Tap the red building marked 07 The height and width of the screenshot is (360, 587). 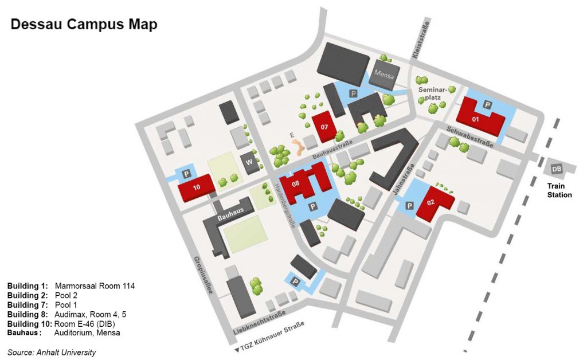click(324, 126)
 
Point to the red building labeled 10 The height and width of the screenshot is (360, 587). click(196, 188)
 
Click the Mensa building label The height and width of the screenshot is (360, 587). click(382, 74)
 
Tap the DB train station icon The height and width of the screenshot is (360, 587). click(556, 169)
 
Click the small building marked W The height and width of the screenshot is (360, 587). click(249, 162)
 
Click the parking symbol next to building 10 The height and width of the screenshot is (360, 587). click(186, 173)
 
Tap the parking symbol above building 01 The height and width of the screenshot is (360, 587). click(487, 104)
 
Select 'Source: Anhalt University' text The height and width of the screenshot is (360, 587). click(52, 352)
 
